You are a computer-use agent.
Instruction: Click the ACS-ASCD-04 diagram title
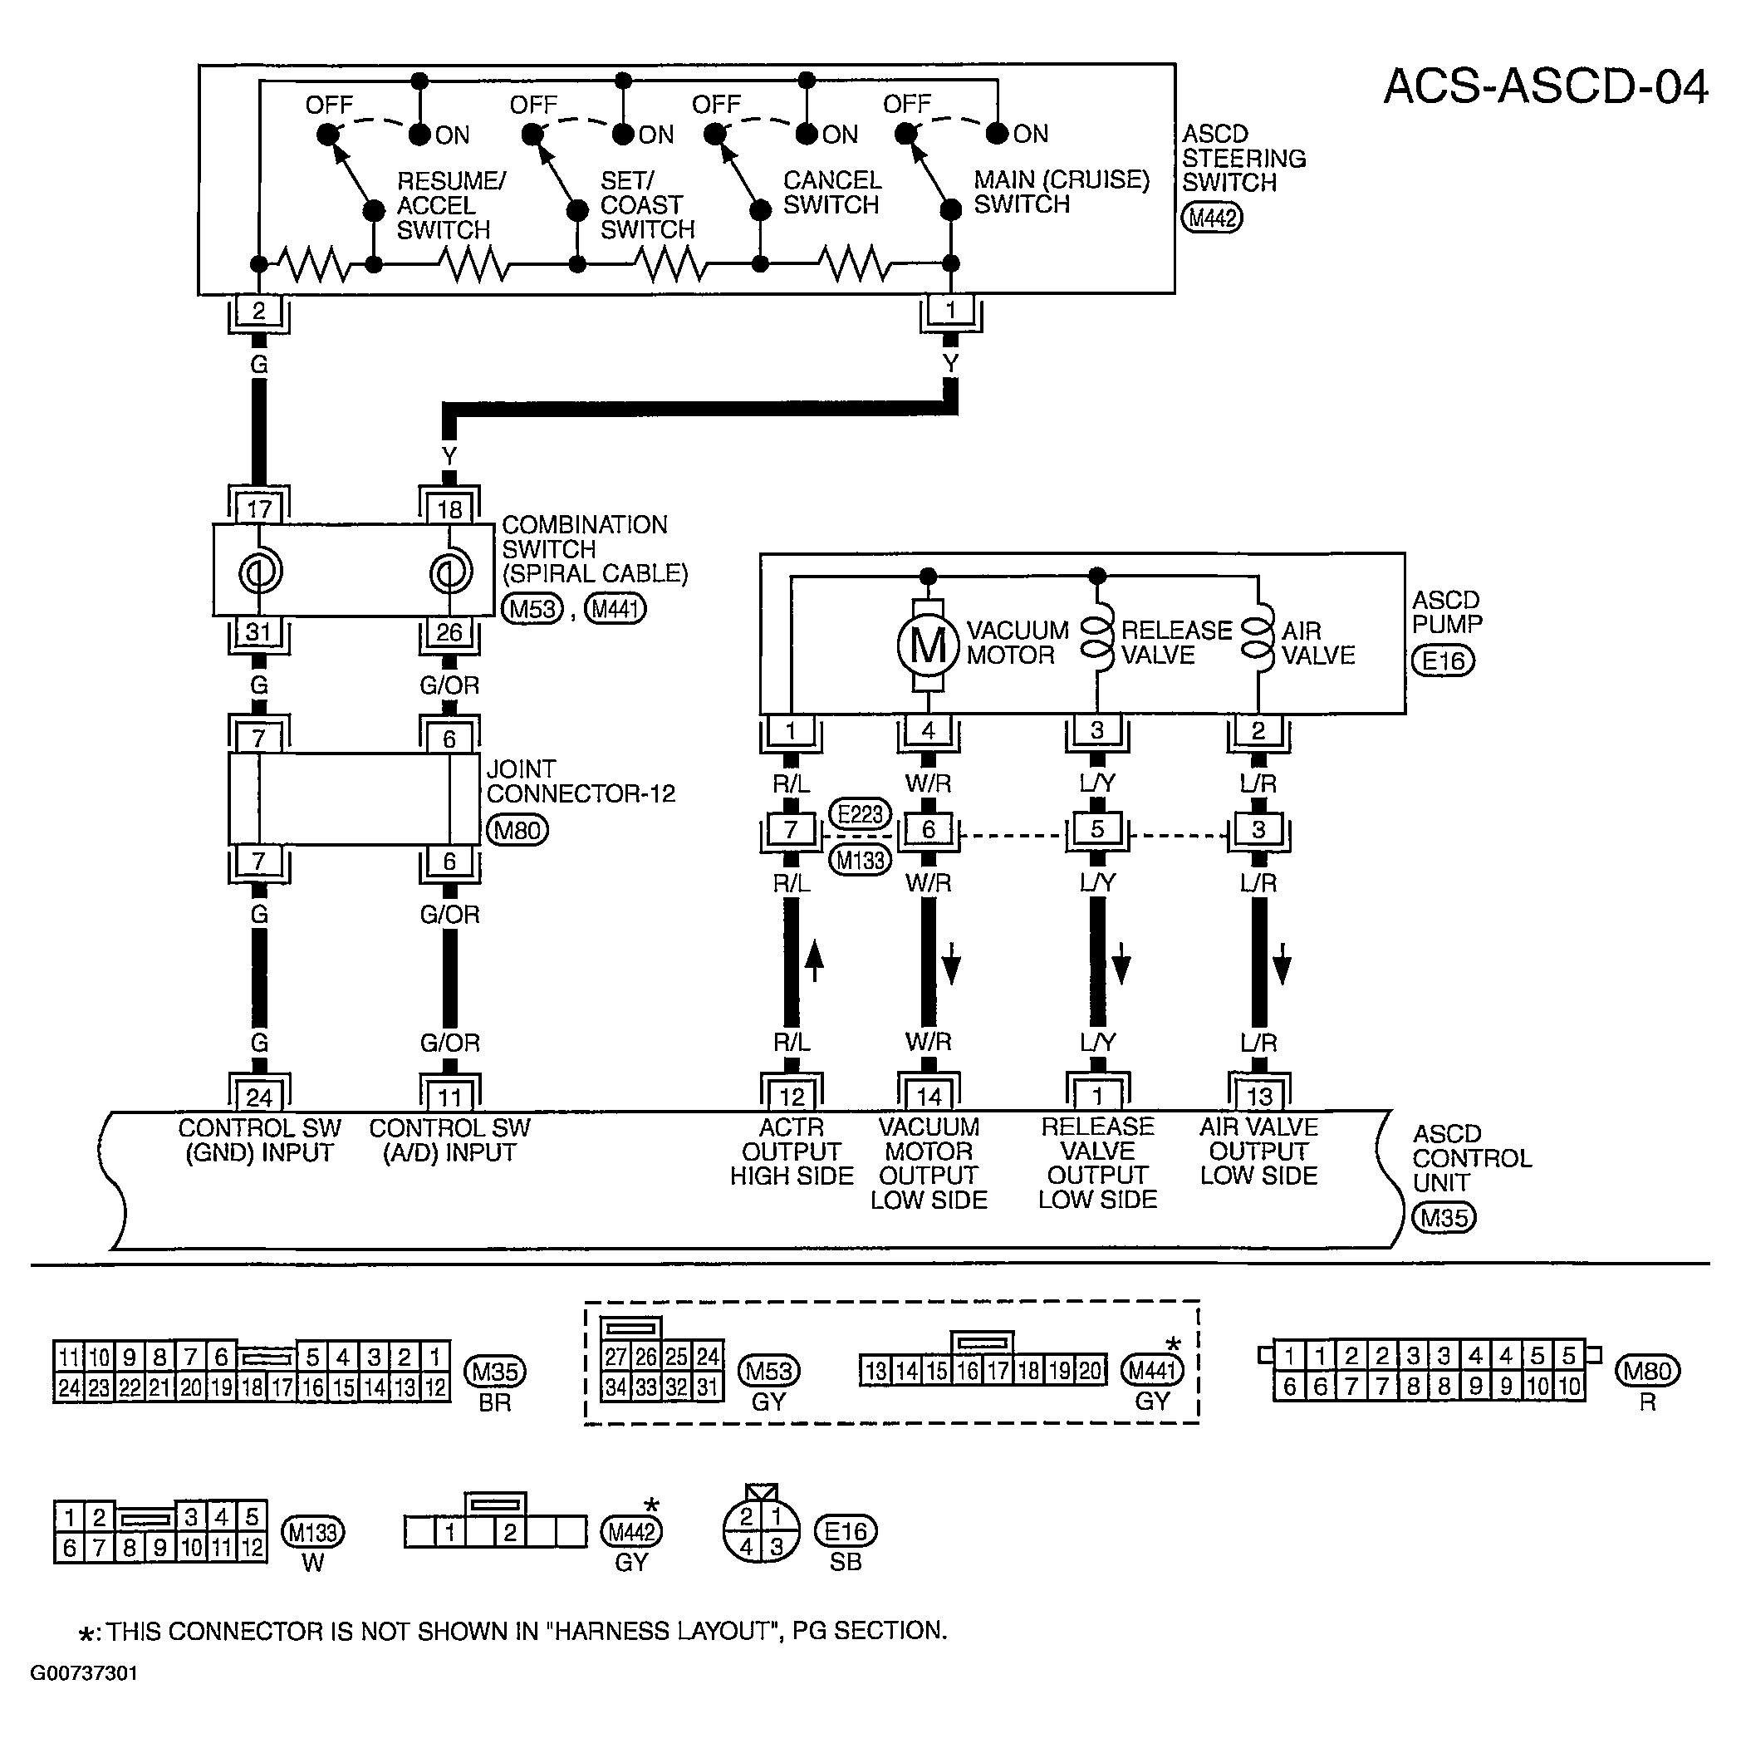tap(1545, 87)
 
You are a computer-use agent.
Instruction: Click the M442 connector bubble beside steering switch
tap(1213, 218)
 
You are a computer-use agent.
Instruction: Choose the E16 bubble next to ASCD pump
tap(1444, 660)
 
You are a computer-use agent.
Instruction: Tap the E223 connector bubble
tap(860, 814)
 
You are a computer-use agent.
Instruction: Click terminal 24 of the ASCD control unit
tap(259, 1096)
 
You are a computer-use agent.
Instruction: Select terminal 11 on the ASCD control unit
tap(449, 1096)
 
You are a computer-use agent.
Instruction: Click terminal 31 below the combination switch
tap(259, 631)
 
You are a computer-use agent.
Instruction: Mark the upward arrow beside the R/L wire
tap(814, 960)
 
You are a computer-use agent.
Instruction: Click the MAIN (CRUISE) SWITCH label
tap(1062, 191)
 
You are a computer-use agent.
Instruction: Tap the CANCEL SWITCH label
tap(831, 192)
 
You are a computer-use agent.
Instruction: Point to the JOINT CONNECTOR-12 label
tap(581, 781)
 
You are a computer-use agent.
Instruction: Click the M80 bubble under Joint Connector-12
tap(517, 830)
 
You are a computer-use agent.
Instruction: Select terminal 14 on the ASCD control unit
tap(929, 1096)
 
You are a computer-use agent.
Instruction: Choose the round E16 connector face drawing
tap(762, 1531)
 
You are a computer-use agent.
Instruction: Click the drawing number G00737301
tap(84, 1672)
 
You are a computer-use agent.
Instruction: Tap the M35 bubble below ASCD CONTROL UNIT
tap(1444, 1218)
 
